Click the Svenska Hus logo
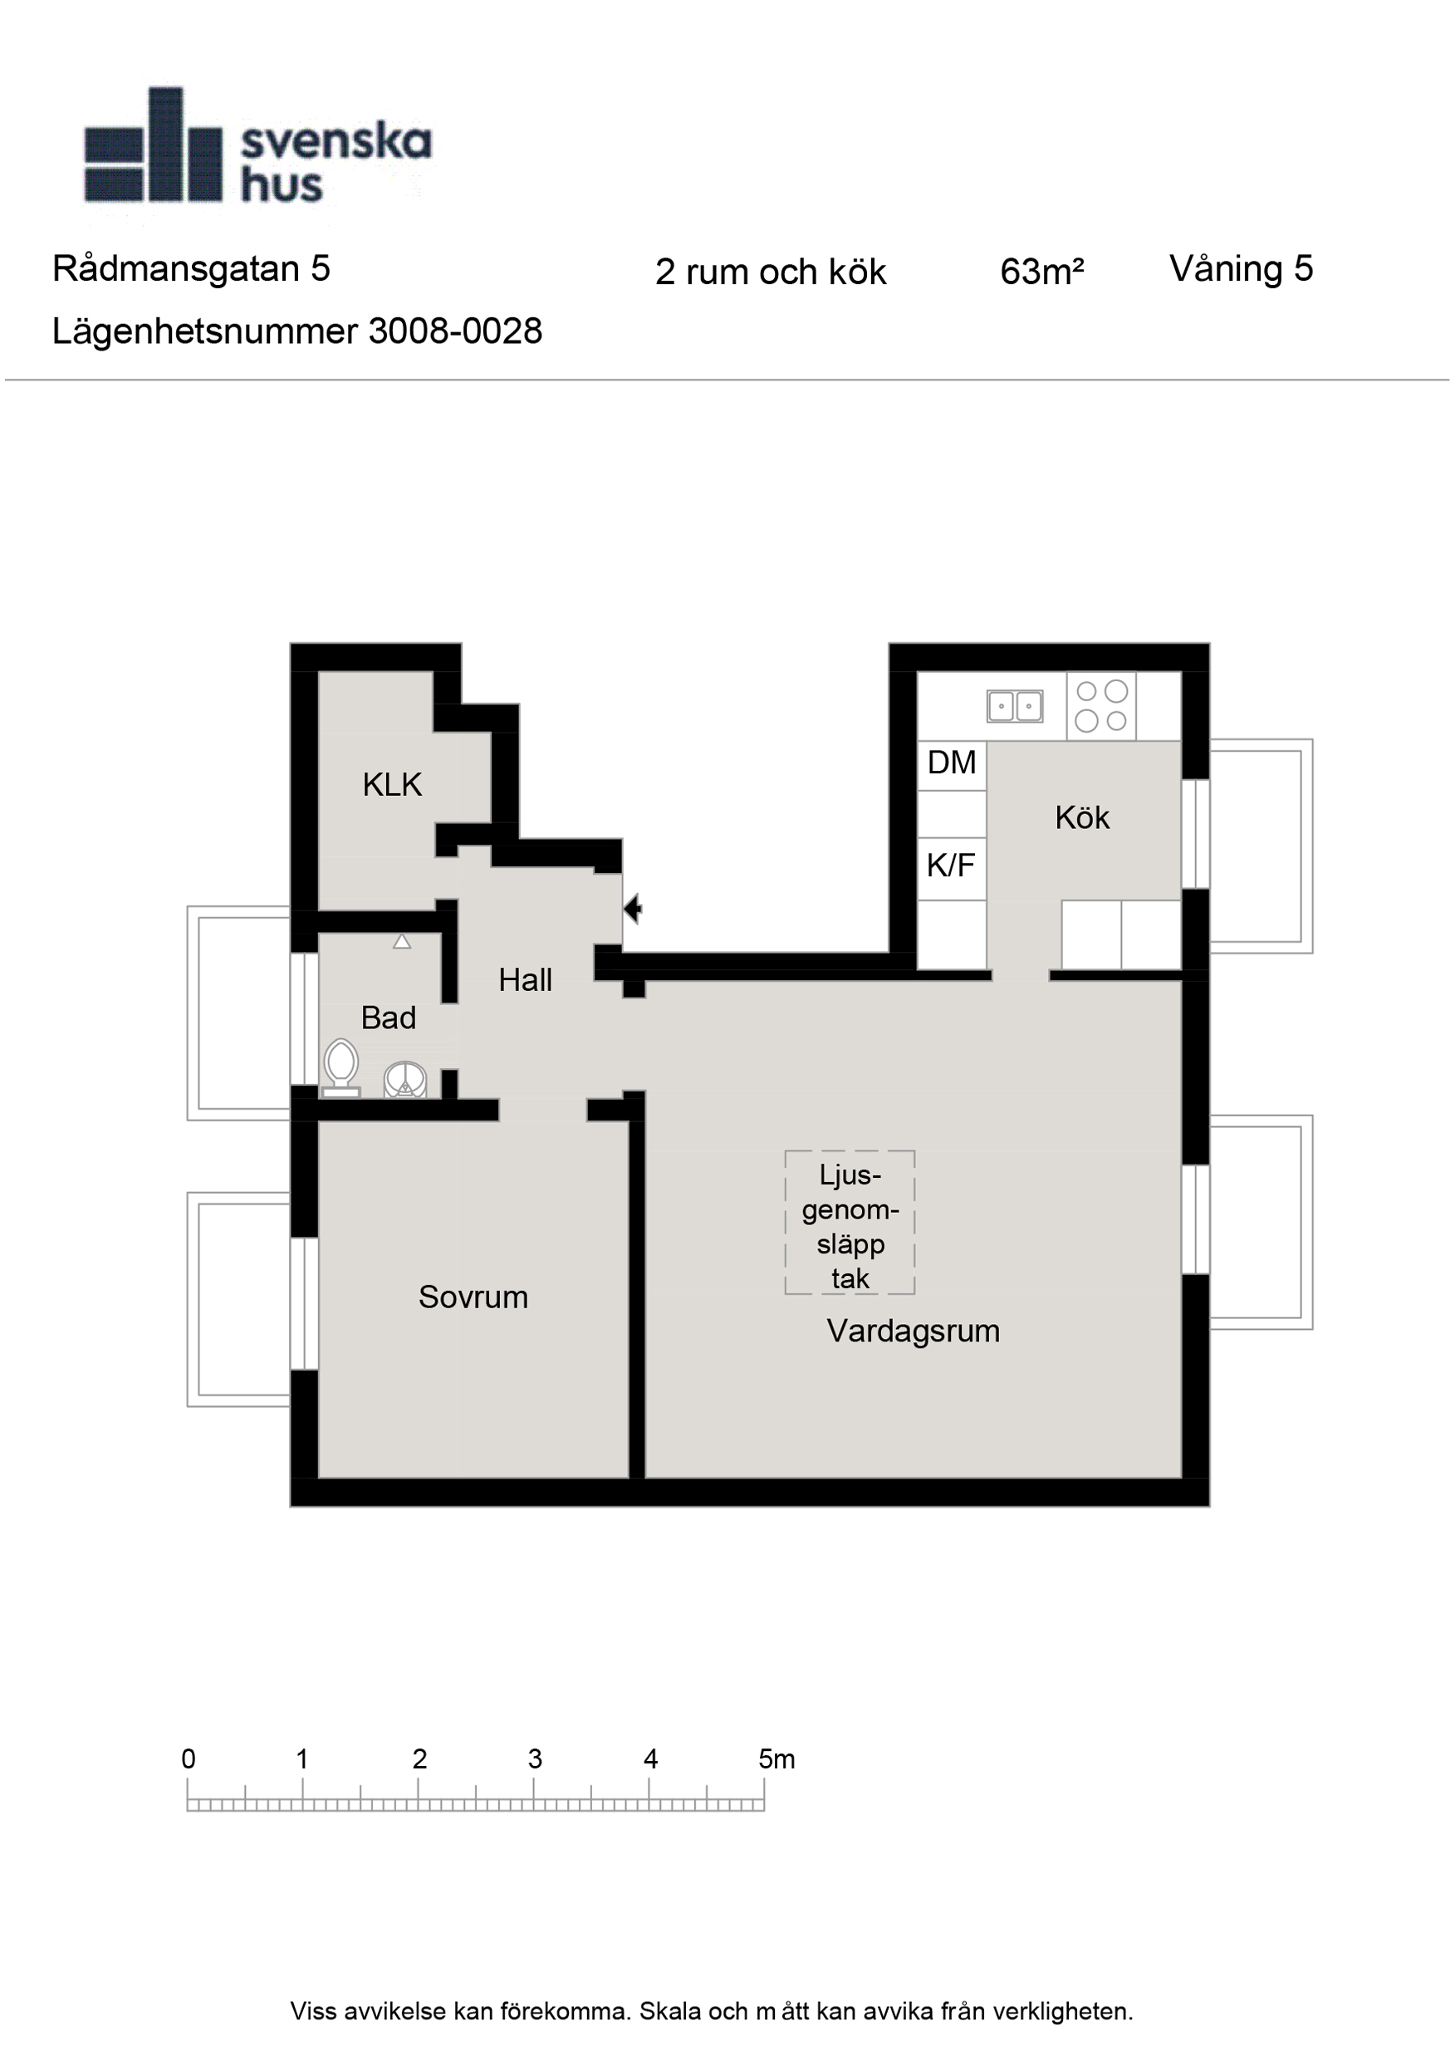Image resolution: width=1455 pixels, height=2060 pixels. pyautogui.click(x=258, y=145)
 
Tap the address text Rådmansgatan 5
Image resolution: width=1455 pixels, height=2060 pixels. pyautogui.click(x=191, y=269)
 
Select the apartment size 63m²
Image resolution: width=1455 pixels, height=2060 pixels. pyautogui.click(x=1041, y=272)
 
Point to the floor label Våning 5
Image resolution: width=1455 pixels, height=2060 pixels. pyautogui.click(x=1241, y=269)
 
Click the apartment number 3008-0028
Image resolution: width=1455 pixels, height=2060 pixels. pyautogui.click(x=455, y=332)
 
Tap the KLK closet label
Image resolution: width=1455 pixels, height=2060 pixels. pyautogui.click(x=392, y=785)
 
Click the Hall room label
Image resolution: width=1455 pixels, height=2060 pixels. pyautogui.click(x=525, y=980)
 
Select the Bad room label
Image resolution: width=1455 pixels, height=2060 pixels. pyautogui.click(x=389, y=1018)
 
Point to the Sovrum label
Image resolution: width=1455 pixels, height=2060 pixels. pyautogui.click(x=473, y=1297)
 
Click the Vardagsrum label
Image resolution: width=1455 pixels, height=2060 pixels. pyautogui.click(x=914, y=1332)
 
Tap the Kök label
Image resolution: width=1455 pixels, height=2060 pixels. pyautogui.click(x=1082, y=817)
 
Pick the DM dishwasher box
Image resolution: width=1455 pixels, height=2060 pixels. pyautogui.click(x=952, y=765)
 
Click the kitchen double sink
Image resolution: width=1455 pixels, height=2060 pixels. pyautogui.click(x=1015, y=706)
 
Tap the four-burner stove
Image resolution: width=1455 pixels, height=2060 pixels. pyautogui.click(x=1101, y=706)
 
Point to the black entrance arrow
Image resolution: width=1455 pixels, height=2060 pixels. pyautogui.click(x=633, y=909)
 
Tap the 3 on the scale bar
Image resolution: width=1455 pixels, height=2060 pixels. pyautogui.click(x=535, y=1759)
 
